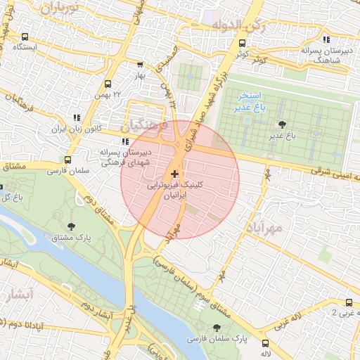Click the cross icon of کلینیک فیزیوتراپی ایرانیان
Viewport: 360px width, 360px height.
tap(175, 173)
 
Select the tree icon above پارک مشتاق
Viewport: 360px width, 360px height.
tap(72, 226)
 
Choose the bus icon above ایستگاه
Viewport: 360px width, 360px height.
tap(25, 37)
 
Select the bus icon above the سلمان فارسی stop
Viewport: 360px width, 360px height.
tap(67, 160)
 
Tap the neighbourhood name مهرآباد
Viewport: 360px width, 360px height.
tap(265, 229)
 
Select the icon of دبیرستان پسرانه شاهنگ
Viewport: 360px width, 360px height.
tap(326, 39)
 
